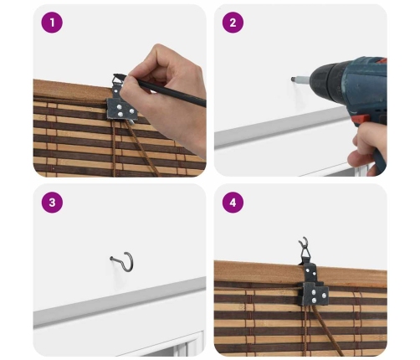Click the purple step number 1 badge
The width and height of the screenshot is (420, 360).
pyautogui.click(x=52, y=23)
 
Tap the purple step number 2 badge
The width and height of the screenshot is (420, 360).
pyautogui.click(x=233, y=23)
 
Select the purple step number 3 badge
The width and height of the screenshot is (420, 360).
pyautogui.click(x=52, y=203)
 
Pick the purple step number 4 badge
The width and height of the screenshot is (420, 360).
pyautogui.click(x=233, y=203)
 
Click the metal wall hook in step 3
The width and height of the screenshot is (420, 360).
pyautogui.click(x=130, y=264)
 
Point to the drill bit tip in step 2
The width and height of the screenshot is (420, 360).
pyautogui.click(x=292, y=79)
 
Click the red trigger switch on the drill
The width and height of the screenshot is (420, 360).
pyautogui.click(x=361, y=121)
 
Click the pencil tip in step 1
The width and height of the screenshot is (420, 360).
pyautogui.click(x=115, y=75)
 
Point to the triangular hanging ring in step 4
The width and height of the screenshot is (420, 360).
pyautogui.click(x=306, y=252)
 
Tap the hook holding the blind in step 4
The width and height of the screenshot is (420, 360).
pyautogui.click(x=304, y=241)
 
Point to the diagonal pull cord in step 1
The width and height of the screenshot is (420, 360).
pyautogui.click(x=141, y=148)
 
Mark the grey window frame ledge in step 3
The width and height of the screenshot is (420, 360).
pyautogui.click(x=120, y=302)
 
